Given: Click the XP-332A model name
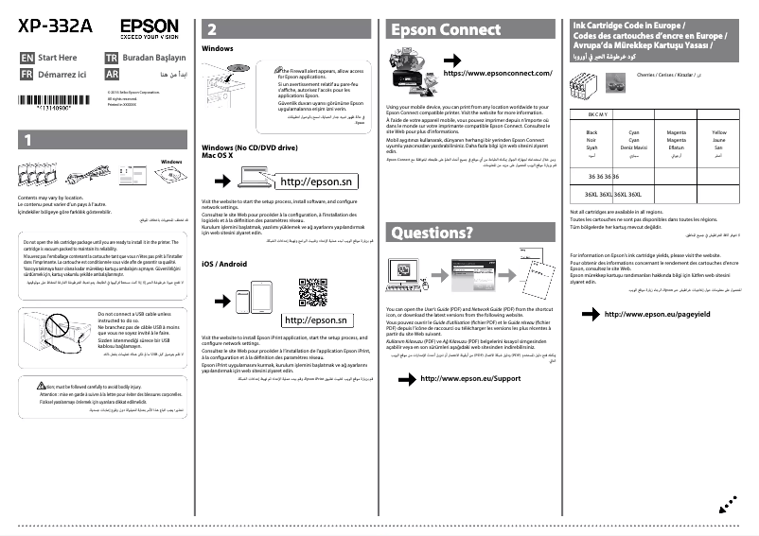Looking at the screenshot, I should (x=54, y=26).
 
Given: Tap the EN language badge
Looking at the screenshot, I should (x=26, y=58).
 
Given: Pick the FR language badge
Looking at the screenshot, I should (x=26, y=74).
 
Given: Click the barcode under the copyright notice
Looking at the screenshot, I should (x=44, y=108).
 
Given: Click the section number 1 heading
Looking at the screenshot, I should (x=29, y=140).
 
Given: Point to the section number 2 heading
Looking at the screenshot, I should (x=212, y=29).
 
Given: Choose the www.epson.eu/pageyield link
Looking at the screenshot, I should (x=654, y=314).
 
